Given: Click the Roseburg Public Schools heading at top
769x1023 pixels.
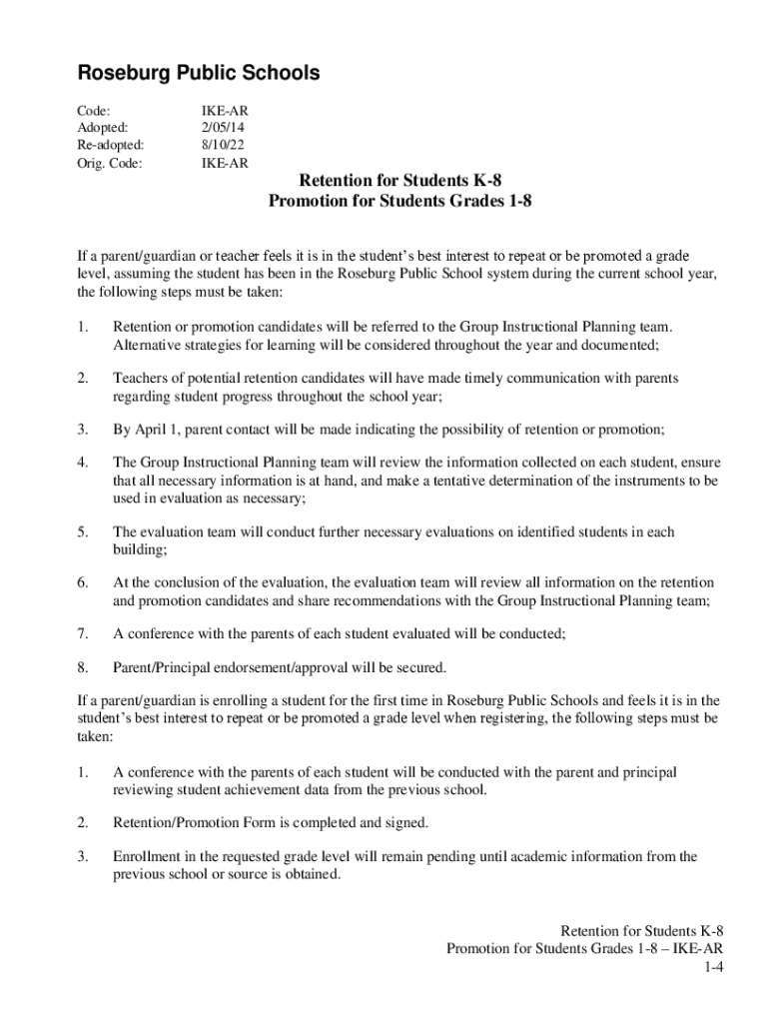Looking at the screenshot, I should [x=199, y=73].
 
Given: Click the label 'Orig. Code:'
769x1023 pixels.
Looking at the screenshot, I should [x=110, y=162].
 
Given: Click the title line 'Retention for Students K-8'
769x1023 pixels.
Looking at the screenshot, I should [x=399, y=181].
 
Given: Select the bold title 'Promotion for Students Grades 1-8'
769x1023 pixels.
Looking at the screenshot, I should [x=399, y=201].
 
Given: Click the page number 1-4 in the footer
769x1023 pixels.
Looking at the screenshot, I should [x=712, y=967].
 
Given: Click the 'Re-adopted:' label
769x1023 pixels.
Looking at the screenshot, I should [x=111, y=145].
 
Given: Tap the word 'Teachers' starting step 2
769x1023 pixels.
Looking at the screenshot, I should [x=141, y=379].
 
